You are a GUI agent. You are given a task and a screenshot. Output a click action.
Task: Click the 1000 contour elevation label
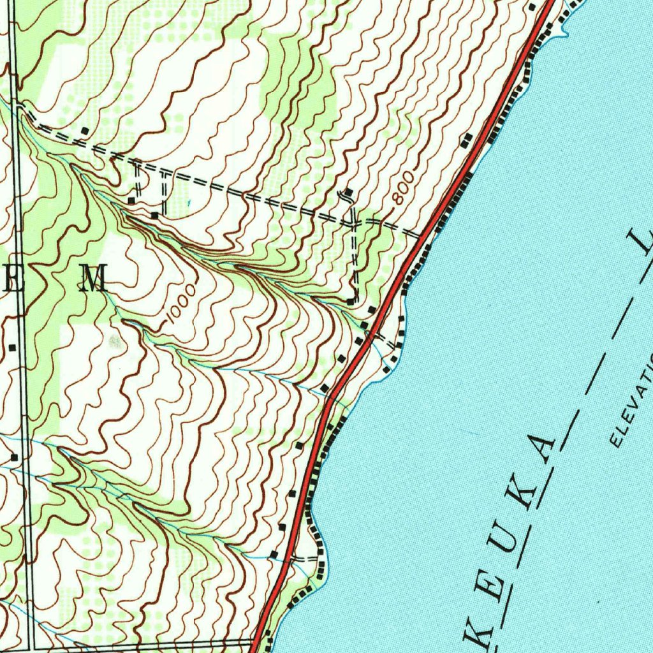180,307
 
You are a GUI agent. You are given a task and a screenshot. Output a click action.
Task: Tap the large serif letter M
94,279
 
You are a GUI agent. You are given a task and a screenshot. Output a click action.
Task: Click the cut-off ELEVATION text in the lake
631,402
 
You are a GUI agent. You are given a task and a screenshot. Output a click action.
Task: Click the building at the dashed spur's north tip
349,192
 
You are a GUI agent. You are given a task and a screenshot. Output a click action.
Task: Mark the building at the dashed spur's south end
351,300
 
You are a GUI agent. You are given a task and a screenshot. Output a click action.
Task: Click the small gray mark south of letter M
115,341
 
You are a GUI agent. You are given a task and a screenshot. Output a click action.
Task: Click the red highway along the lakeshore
357,357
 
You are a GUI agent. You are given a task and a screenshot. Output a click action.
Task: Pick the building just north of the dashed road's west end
84,131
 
